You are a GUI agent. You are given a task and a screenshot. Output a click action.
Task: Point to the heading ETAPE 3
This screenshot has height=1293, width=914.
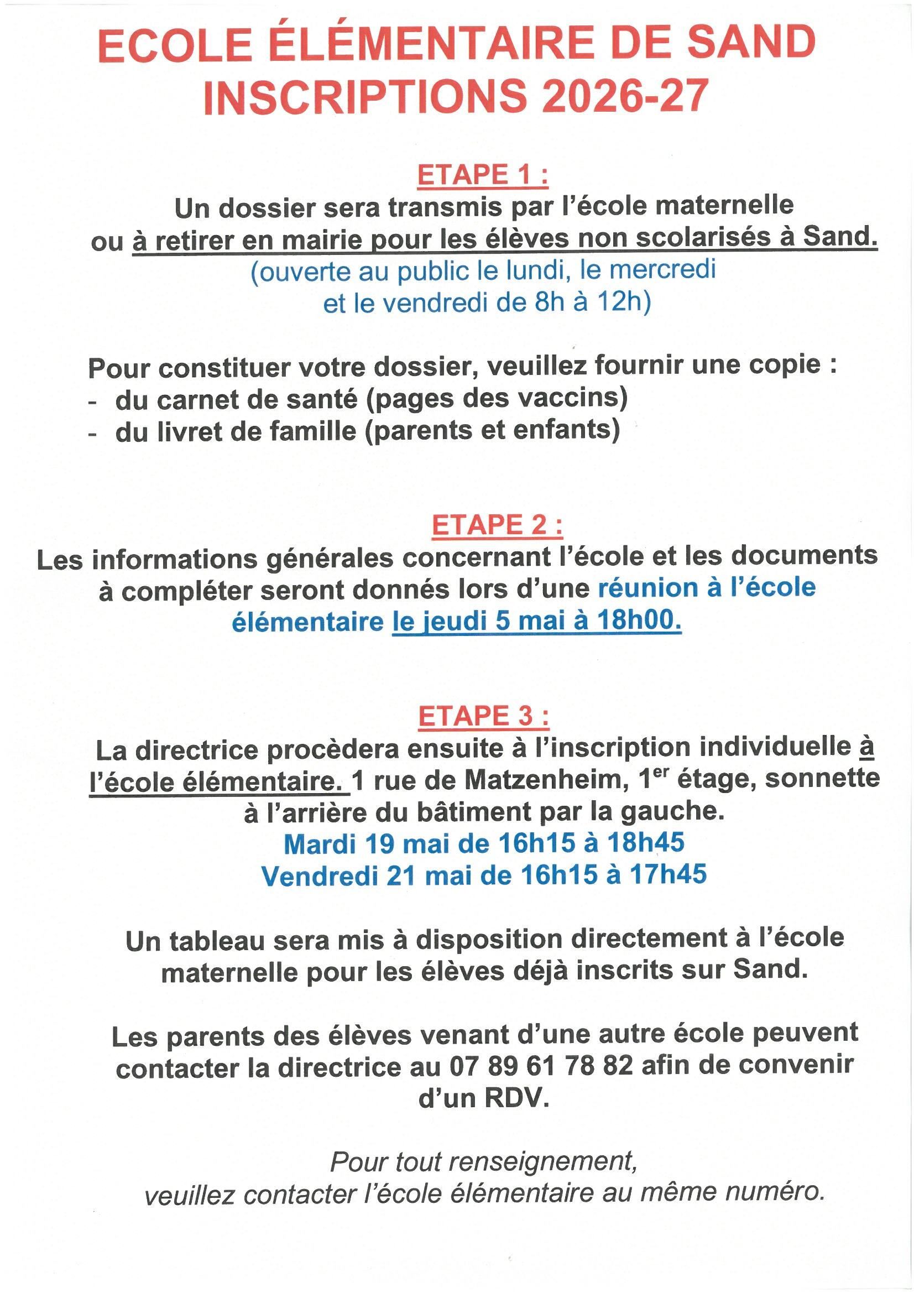pos(483,716)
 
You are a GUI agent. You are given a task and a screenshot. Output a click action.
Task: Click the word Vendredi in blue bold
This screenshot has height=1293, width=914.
pos(319,875)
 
